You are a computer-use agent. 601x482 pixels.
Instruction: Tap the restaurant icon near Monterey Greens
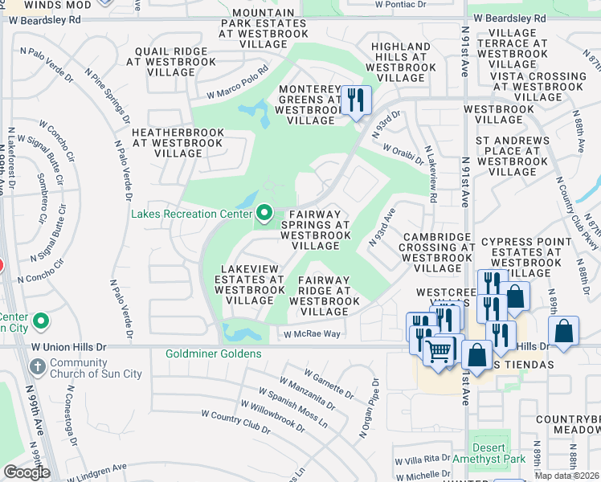pyautogui.click(x=355, y=100)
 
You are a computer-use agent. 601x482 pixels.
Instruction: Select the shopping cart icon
pyautogui.click(x=439, y=351)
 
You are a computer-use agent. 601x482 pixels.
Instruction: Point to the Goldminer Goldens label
pyautogui.click(x=213, y=353)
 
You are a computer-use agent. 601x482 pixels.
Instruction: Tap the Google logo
pyautogui.click(x=26, y=472)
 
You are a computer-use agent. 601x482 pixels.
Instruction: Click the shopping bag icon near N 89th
pyautogui.click(x=565, y=331)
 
